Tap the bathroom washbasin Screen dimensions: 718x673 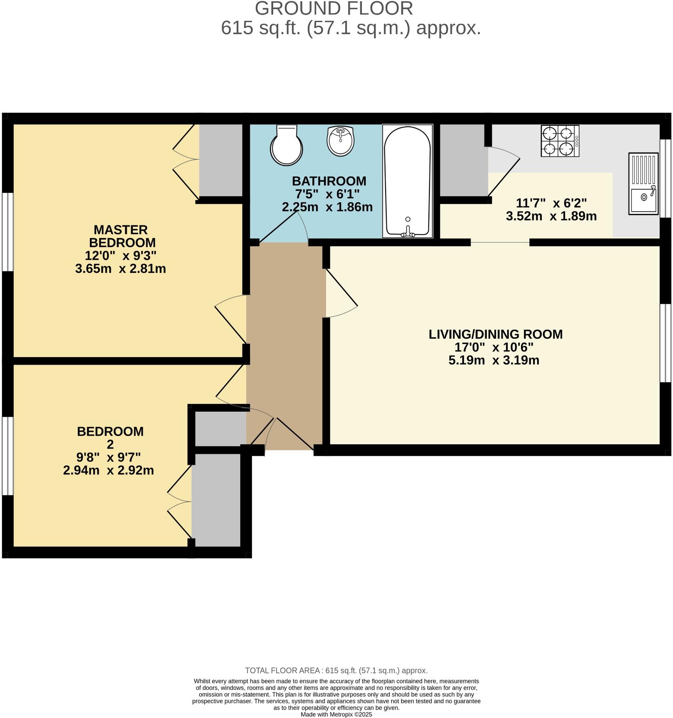(341, 141)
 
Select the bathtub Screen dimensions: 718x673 (407, 181)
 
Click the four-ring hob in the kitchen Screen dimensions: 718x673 (559, 141)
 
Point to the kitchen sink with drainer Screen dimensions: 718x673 (643, 184)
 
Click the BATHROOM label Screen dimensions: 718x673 (329, 181)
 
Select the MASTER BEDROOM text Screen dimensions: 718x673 (121, 236)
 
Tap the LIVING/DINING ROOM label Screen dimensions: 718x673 (495, 334)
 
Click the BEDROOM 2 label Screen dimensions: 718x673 (110, 437)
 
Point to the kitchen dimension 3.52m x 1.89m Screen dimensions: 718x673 (551, 216)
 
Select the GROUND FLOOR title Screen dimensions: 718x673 (334, 9)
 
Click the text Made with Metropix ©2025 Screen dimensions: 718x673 (336, 714)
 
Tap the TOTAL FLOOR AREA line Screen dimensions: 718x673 (336, 670)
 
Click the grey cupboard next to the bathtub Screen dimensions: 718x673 (463, 160)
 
